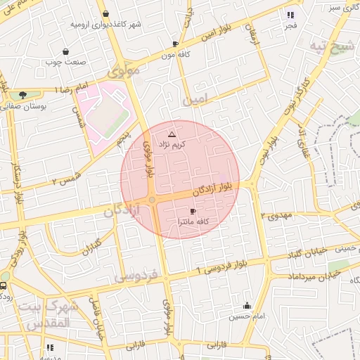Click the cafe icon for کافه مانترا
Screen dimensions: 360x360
click(193, 211)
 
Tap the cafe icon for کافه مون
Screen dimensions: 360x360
click(175, 44)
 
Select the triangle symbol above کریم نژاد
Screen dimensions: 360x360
click(172, 133)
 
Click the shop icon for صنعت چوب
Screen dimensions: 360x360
click(65, 51)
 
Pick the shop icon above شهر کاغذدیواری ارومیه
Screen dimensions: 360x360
click(105, 13)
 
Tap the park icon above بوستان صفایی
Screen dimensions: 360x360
click(23, 94)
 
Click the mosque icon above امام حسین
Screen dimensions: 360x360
click(247, 306)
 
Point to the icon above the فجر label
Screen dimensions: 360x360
click(290, 15)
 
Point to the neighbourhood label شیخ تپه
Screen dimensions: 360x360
click(329, 46)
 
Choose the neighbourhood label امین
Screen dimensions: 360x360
click(196, 101)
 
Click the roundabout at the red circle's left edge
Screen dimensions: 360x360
click(152, 200)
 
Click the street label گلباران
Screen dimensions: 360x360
click(91, 247)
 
